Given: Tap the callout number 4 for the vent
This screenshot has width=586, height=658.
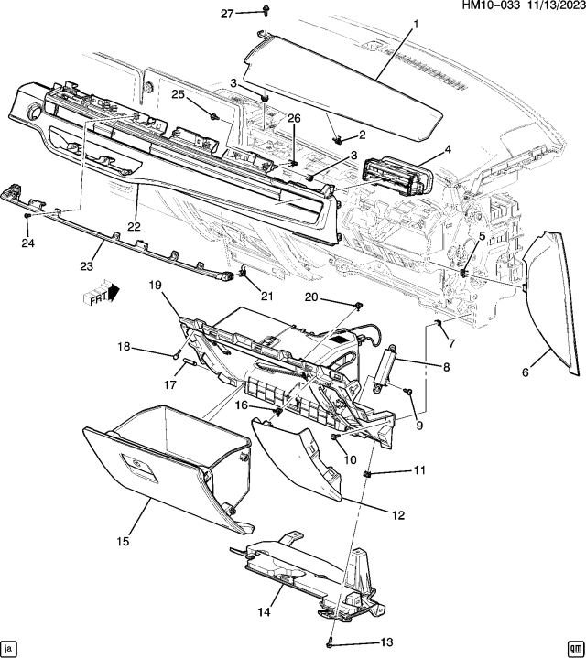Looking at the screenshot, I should (448, 148).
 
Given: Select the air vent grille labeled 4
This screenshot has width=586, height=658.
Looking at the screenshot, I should (396, 176).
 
